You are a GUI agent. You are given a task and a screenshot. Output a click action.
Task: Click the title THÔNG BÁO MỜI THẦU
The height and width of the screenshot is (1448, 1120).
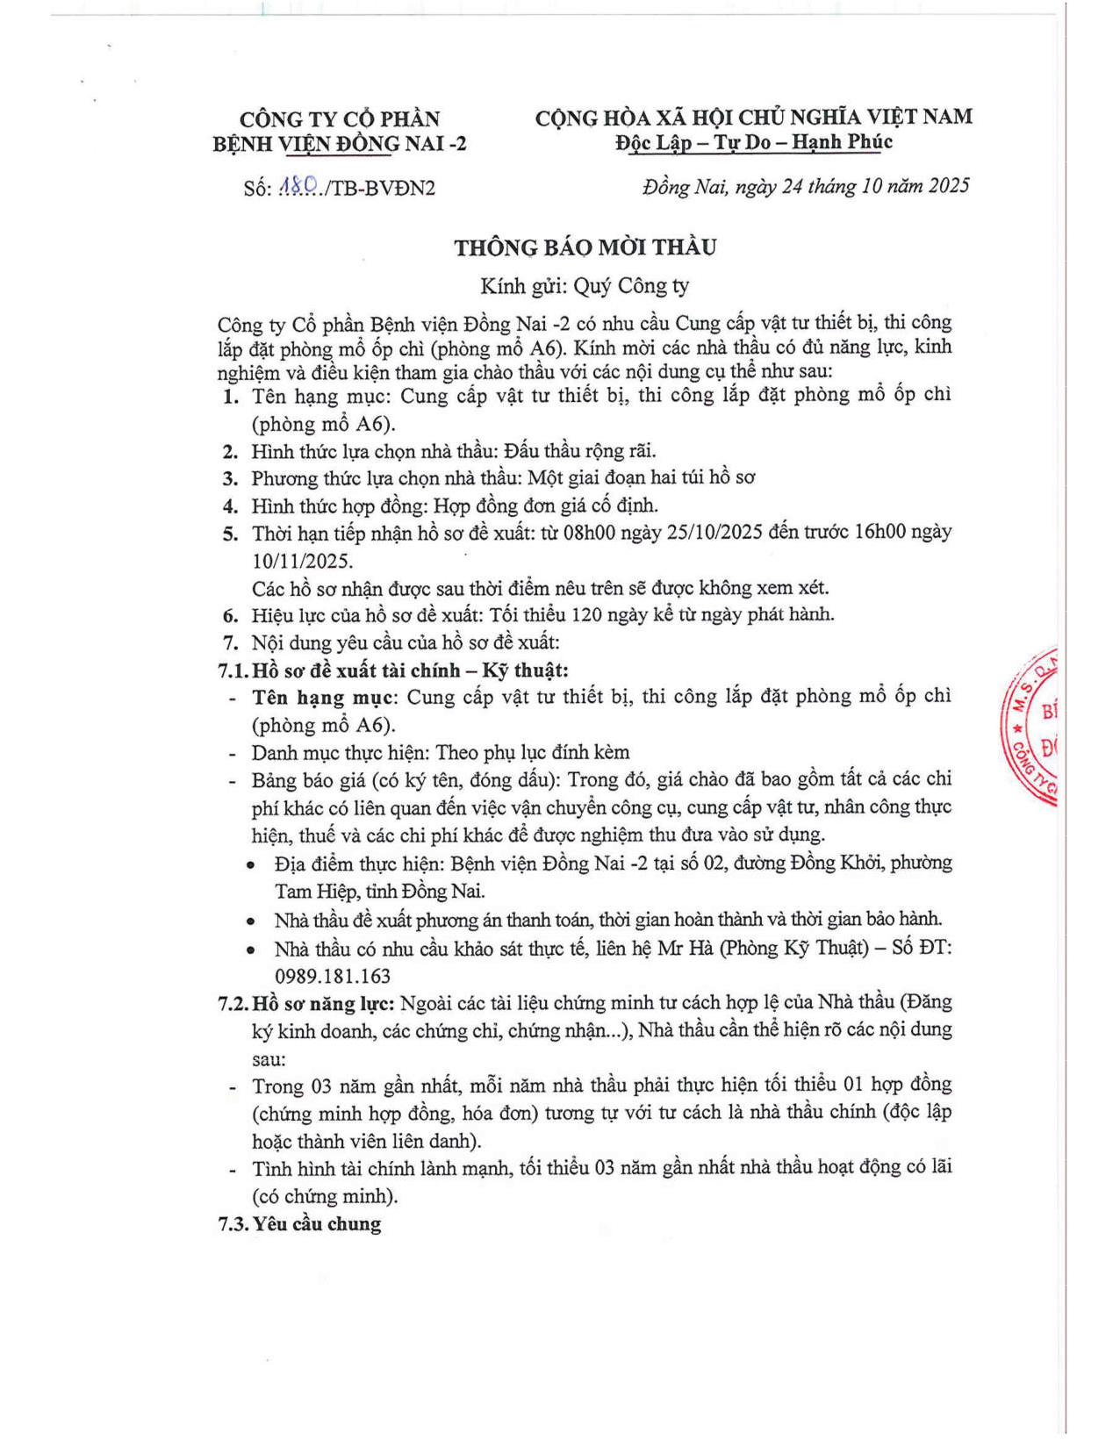[x=585, y=248]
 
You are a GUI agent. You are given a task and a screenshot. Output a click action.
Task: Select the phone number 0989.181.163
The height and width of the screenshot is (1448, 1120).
[x=333, y=976]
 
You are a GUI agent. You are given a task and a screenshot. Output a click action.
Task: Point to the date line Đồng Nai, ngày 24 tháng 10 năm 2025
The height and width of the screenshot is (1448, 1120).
[x=806, y=186]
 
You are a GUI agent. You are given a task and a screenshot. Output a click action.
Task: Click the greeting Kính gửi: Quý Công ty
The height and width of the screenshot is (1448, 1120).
[x=585, y=286]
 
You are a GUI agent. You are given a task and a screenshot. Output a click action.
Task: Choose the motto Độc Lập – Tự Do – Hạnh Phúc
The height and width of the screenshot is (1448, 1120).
[x=754, y=142]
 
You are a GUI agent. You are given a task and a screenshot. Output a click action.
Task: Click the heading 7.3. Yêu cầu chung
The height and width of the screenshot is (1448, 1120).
[x=299, y=1223]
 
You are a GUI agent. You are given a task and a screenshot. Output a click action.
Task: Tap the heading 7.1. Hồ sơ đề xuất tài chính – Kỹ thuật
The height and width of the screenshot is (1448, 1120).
[x=393, y=670]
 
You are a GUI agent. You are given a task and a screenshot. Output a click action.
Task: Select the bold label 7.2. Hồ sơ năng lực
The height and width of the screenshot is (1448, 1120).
[x=306, y=1003]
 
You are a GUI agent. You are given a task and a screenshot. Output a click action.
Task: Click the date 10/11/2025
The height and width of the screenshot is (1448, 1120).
[x=302, y=561]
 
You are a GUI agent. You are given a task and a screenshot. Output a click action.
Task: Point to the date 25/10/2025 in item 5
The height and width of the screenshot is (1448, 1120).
[x=711, y=533]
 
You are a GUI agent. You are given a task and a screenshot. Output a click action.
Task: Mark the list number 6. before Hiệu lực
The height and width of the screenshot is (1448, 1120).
[x=230, y=615]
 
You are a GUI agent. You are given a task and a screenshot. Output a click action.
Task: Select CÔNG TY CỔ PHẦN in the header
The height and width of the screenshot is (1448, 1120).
[x=340, y=118]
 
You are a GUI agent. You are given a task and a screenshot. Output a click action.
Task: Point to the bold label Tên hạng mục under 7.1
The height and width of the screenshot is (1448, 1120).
[x=325, y=698]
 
